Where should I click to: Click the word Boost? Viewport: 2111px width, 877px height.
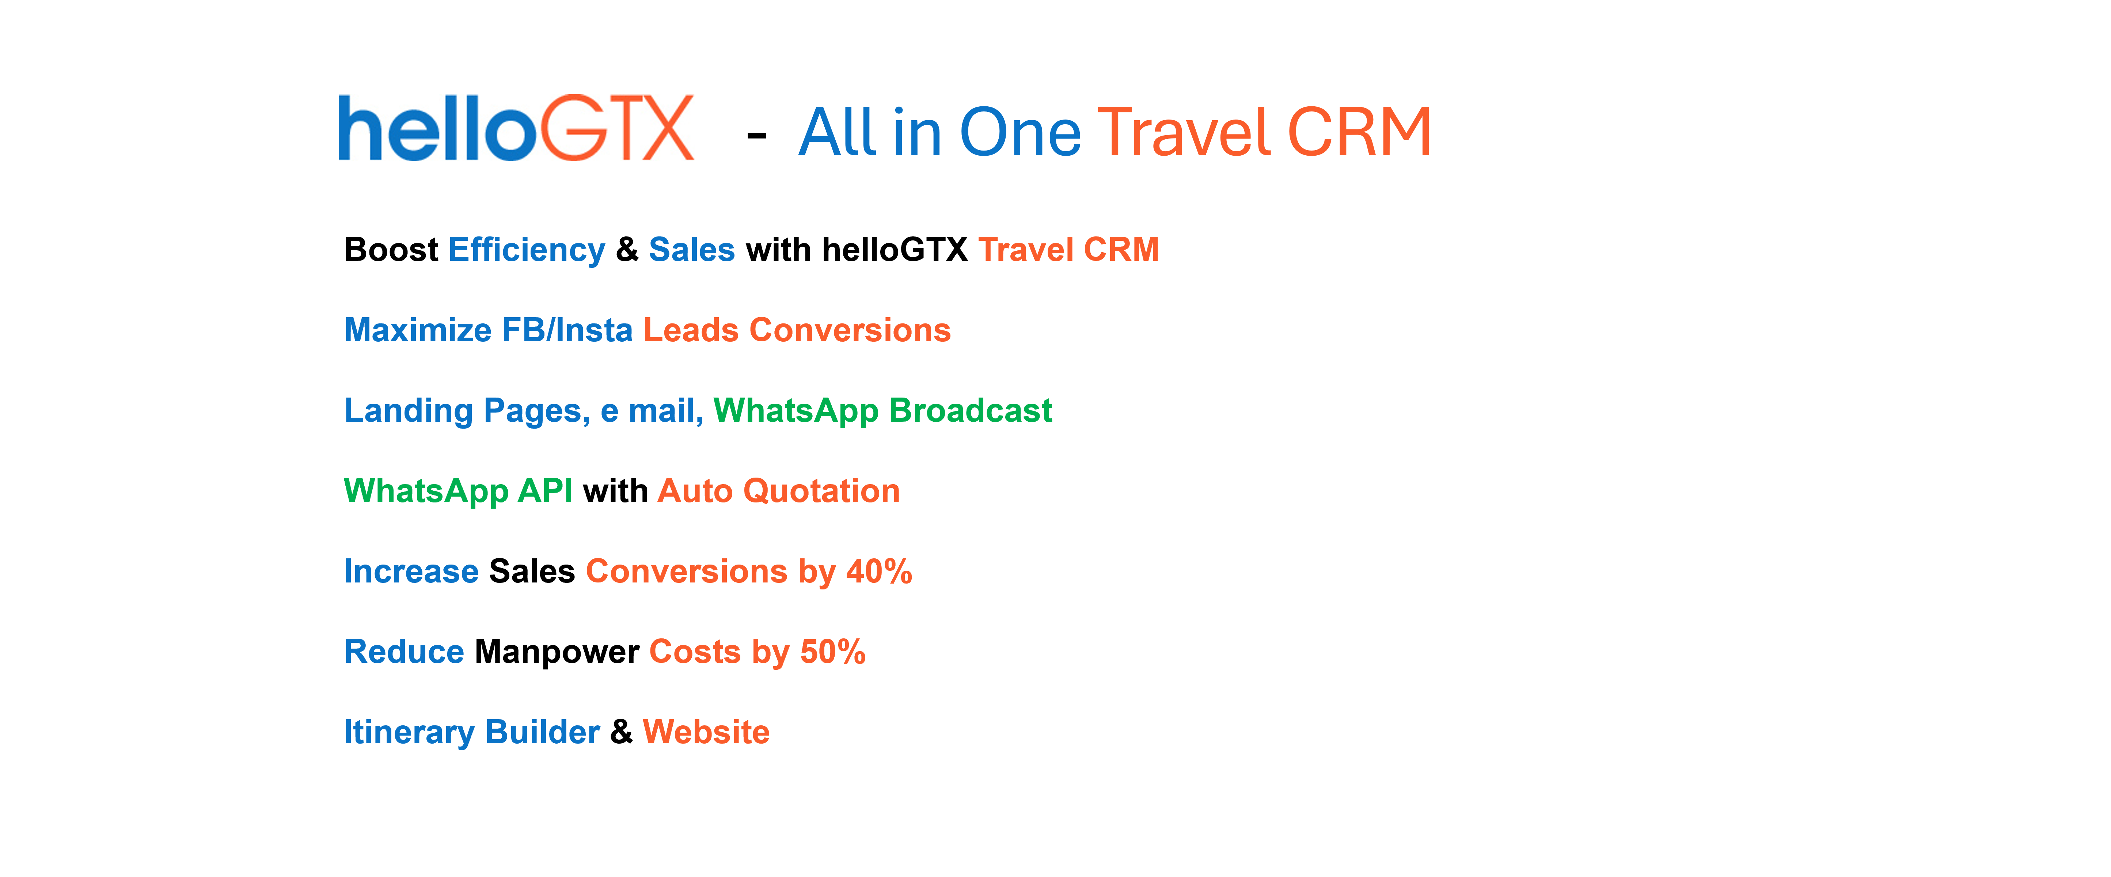point(391,249)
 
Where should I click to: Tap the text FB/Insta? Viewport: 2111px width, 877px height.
point(567,330)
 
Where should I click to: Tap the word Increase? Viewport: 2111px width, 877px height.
point(411,570)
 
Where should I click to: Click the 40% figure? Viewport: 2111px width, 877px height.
point(879,570)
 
